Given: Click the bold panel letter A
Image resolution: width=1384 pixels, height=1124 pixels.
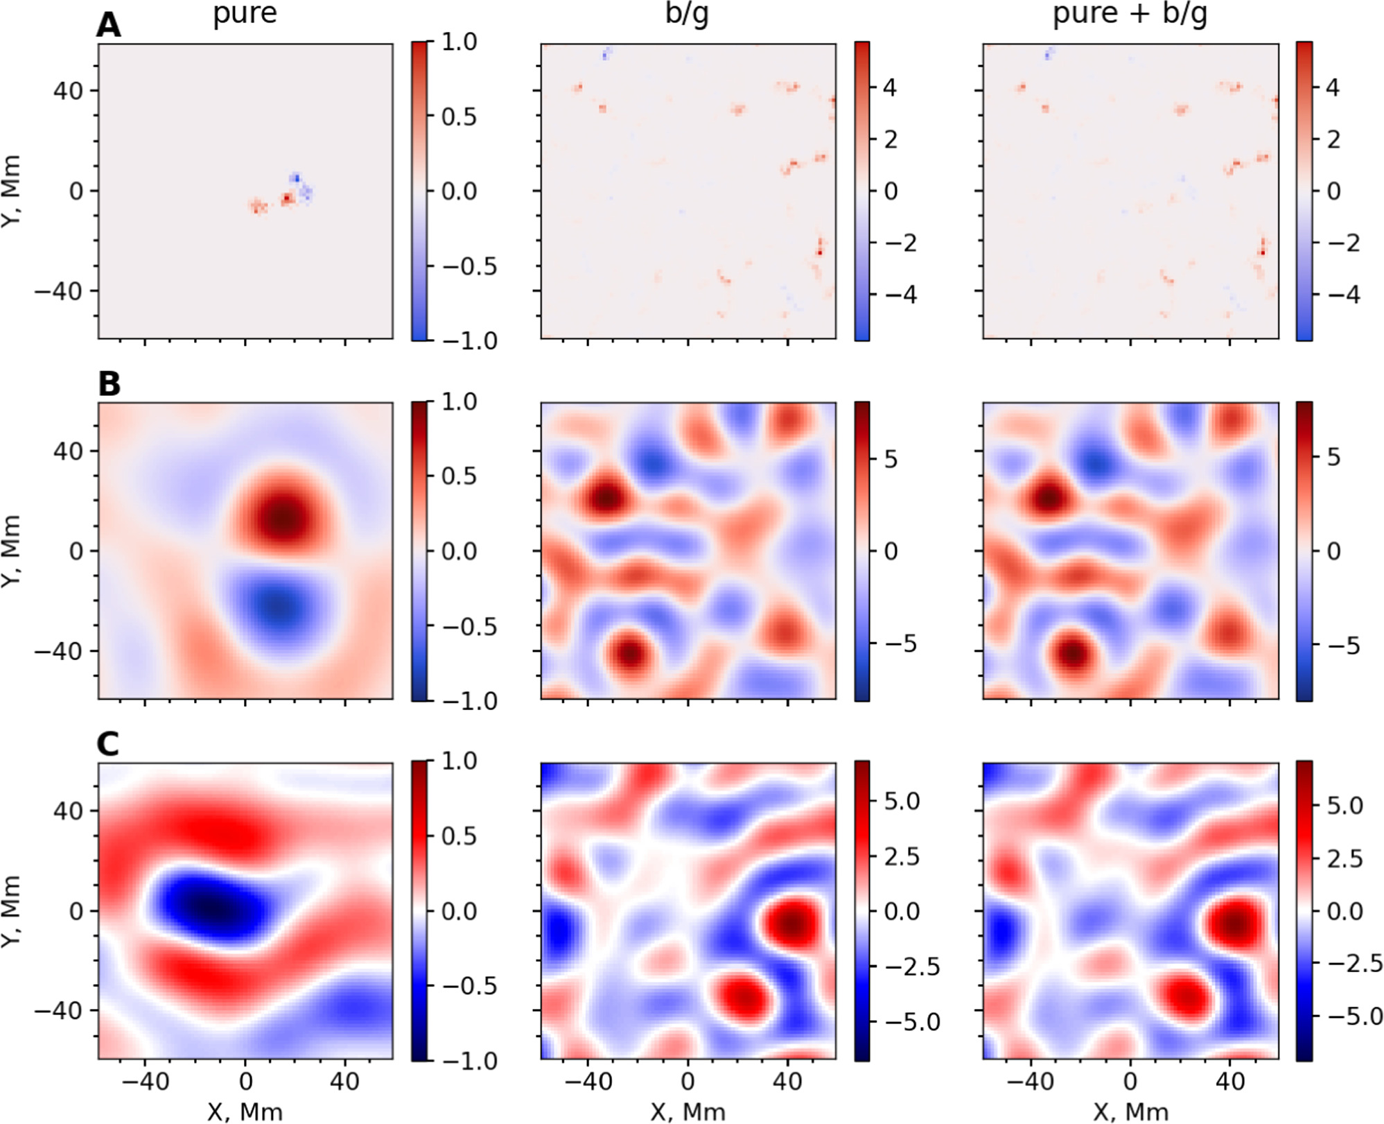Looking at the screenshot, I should coord(109,26).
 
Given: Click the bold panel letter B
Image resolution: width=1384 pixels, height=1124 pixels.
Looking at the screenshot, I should coord(109,384).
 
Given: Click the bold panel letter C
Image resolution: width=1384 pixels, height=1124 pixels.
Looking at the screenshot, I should coord(109,744).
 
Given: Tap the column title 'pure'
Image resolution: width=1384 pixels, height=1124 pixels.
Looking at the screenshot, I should coord(245,14).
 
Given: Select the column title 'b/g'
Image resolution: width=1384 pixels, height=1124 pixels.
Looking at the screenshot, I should coord(687,14).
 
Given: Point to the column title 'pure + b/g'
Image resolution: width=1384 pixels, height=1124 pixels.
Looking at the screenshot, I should coord(1130,14).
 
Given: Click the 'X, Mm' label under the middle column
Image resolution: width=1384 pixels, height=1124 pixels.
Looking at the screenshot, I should coord(687,1112).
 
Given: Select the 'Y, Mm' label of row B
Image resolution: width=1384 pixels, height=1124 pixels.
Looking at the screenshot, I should coord(12,551).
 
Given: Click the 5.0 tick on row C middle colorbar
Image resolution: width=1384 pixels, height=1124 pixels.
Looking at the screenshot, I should coord(902,802).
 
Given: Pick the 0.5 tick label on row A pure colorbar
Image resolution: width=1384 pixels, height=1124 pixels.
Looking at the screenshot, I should coord(459,116).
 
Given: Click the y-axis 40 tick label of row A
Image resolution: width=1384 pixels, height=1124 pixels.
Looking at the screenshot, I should coord(68,91).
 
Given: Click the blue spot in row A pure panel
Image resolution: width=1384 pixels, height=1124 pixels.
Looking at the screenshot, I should coord(296,178).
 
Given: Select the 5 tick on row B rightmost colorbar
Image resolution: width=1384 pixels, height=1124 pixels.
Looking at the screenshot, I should coord(1333,458).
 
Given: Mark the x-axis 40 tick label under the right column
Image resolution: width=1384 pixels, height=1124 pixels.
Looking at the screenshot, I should coord(1230,1082).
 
